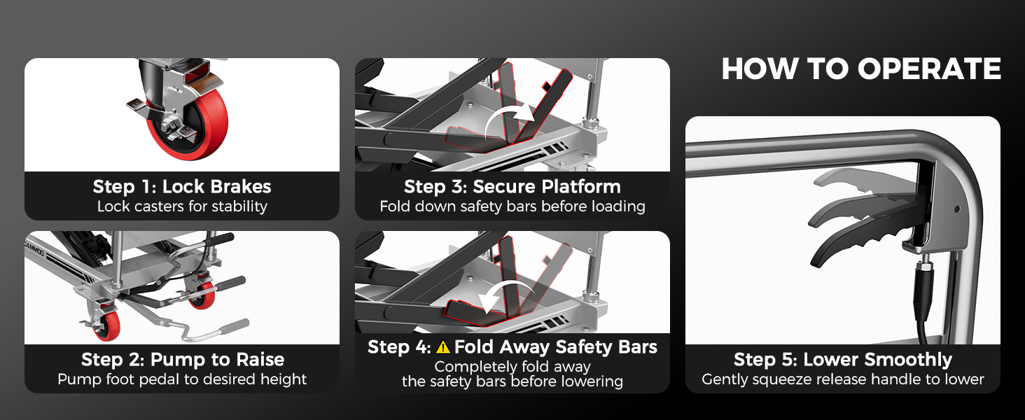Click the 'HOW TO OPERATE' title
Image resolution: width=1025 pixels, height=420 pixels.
(x=861, y=69)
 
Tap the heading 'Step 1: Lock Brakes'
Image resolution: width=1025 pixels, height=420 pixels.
(x=182, y=187)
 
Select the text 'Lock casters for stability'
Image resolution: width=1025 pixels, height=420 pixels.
(x=182, y=206)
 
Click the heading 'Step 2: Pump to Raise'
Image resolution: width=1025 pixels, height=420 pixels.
(x=183, y=360)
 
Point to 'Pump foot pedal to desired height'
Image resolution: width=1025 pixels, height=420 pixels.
(x=182, y=379)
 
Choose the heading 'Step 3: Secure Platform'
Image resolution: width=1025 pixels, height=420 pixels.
(x=512, y=187)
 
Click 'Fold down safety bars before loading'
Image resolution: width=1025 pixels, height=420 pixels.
(x=512, y=206)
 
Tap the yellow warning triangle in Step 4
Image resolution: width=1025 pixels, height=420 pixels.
(x=443, y=347)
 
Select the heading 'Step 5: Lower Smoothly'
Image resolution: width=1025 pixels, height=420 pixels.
(x=843, y=360)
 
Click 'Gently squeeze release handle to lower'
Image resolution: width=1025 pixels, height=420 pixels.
(x=843, y=379)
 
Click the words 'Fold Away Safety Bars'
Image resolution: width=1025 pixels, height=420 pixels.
(x=555, y=347)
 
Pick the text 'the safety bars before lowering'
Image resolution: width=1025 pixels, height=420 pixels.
(x=512, y=381)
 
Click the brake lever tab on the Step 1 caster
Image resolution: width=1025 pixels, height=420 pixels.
(x=135, y=105)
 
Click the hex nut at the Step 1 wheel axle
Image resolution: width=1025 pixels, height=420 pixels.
(x=168, y=123)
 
